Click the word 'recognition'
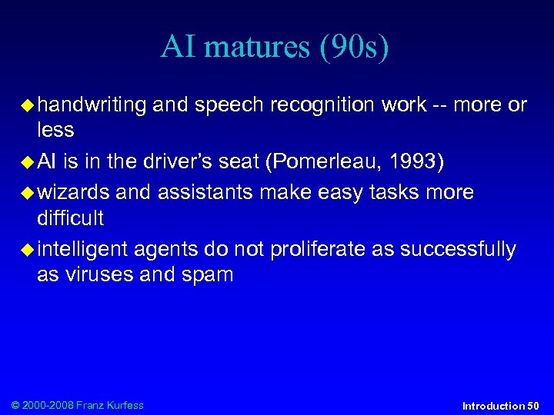318,105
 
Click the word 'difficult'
70,218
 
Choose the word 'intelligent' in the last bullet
82,249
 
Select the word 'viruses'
98,275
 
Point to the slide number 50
532,405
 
